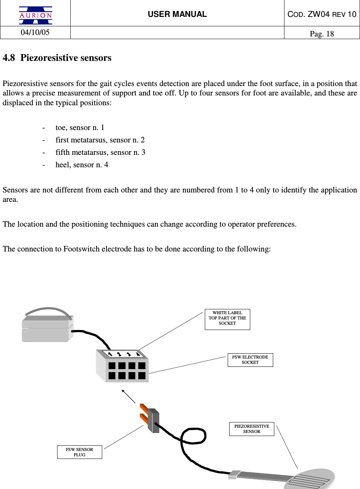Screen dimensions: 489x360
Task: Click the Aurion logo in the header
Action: [x=35, y=15]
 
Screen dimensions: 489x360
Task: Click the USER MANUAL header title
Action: [x=177, y=14]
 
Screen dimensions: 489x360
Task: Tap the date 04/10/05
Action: [x=35, y=32]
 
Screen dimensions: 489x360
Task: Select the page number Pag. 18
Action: [x=322, y=34]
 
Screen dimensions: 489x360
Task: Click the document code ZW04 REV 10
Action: [x=322, y=14]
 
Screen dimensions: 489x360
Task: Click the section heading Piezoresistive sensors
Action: [x=66, y=58]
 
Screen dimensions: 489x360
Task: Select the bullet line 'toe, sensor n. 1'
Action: [x=80, y=127]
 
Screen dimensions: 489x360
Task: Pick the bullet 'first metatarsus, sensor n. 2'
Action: [x=100, y=140]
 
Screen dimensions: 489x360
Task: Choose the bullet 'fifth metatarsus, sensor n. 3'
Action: [x=100, y=152]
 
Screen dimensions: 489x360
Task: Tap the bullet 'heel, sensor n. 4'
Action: [x=82, y=165]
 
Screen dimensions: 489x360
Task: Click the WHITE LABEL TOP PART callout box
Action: [x=227, y=319]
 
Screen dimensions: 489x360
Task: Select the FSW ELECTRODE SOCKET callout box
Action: [x=250, y=360]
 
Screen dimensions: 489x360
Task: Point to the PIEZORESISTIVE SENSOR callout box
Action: [x=252, y=429]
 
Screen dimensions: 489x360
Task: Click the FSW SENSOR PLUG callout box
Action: [x=79, y=452]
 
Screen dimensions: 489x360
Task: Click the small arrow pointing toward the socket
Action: [x=128, y=396]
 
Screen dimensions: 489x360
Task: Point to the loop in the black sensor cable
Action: [x=194, y=436]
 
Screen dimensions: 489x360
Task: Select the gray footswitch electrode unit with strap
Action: [x=47, y=327]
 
